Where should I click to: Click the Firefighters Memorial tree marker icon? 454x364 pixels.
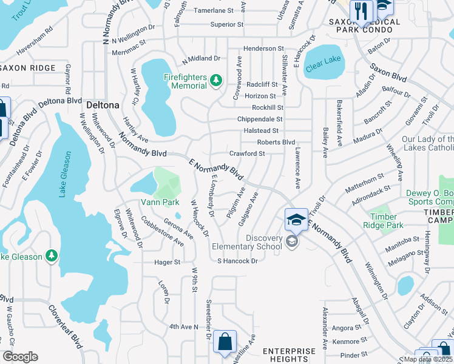pyautogui.click(x=215, y=80)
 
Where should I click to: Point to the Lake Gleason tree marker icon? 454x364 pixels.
pyautogui.click(x=52, y=257)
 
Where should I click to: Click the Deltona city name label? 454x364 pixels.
pyautogui.click(x=103, y=104)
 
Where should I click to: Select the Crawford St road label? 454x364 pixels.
pyautogui.click(x=246, y=153)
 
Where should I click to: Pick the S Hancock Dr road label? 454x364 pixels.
pyautogui.click(x=238, y=261)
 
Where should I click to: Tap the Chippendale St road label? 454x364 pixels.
pyautogui.click(x=260, y=120)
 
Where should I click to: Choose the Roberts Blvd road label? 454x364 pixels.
pyautogui.click(x=276, y=142)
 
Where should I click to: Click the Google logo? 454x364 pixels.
pyautogui.click(x=20, y=357)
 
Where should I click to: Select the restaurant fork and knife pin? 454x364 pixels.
pyautogui.click(x=362, y=10)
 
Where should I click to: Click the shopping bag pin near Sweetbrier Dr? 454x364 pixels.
pyautogui.click(x=225, y=342)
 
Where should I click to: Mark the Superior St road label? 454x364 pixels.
pyautogui.click(x=226, y=25)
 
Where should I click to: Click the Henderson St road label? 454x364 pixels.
pyautogui.click(x=263, y=48)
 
